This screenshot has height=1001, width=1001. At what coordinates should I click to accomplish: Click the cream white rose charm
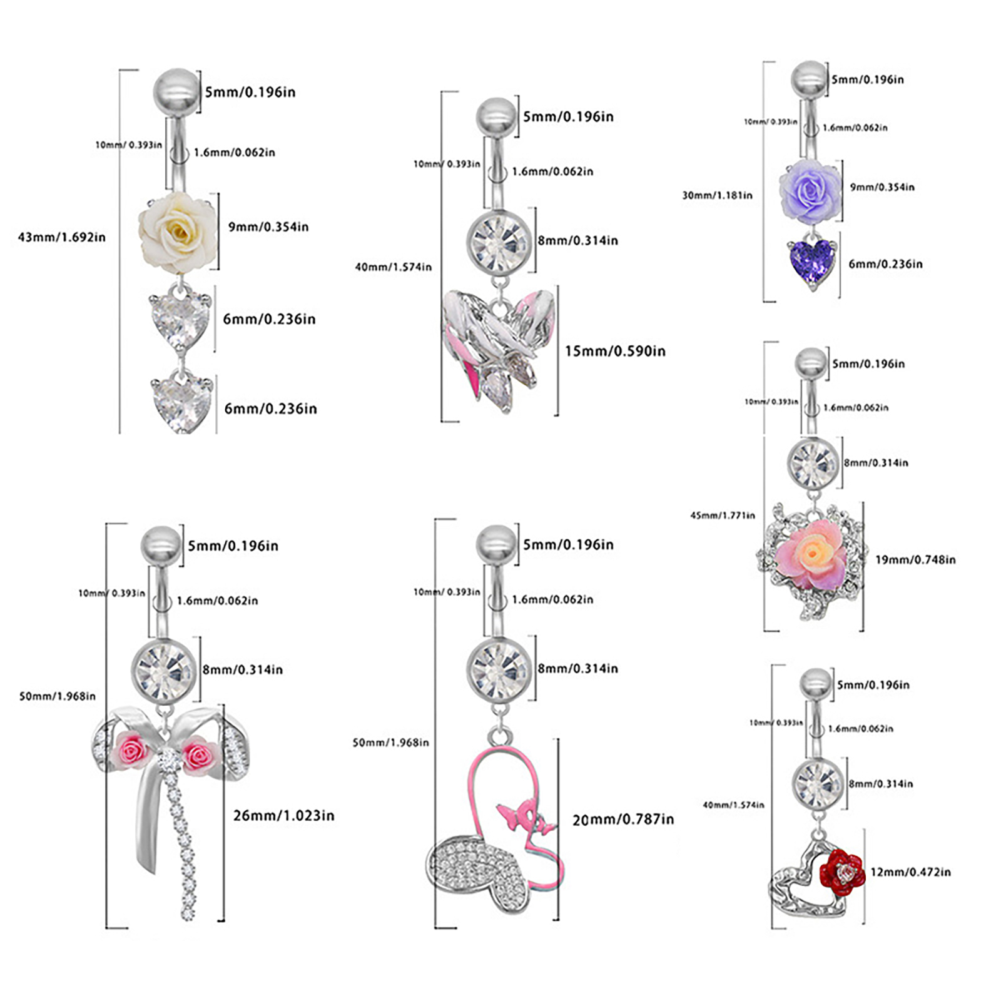tap(178, 231)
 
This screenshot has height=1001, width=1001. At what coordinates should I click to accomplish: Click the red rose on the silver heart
tap(842, 870)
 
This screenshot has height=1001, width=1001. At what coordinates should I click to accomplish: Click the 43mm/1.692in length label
tap(61, 237)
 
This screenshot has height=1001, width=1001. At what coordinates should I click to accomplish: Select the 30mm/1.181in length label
tap(717, 195)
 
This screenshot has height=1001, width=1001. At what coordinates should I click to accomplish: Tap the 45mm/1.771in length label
tap(722, 516)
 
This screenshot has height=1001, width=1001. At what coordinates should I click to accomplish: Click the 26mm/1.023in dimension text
tap(283, 815)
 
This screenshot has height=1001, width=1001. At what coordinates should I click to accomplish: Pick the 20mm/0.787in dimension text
tap(623, 820)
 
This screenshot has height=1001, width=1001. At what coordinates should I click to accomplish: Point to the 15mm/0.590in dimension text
tap(615, 351)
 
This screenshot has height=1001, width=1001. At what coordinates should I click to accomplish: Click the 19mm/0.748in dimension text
tap(915, 559)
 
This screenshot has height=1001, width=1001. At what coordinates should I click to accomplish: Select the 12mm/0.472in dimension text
tap(910, 871)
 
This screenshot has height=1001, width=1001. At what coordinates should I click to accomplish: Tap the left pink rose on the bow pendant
tap(131, 751)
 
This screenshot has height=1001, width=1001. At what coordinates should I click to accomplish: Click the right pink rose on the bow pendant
tap(200, 755)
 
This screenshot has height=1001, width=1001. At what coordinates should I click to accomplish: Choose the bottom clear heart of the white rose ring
tap(181, 404)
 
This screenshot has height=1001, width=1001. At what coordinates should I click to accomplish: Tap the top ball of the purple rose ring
tap(810, 79)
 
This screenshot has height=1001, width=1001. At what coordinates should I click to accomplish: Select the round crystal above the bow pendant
tap(164, 670)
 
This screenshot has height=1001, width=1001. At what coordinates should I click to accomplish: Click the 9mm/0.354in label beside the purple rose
tap(882, 187)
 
